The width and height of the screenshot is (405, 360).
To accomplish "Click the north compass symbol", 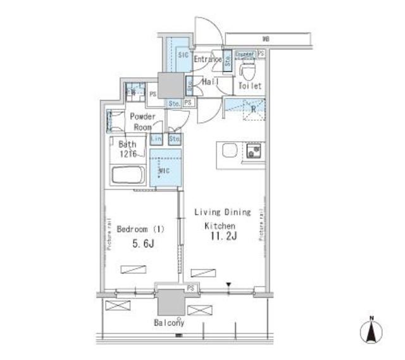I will pos(372,331).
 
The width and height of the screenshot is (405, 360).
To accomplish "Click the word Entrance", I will pos(207,59).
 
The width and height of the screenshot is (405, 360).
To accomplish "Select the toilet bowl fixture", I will pos(248,67).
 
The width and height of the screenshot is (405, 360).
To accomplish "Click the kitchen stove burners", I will pos(255,151).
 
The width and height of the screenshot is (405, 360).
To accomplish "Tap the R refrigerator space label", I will pos(253,108).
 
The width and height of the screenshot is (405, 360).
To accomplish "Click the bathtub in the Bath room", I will pos(128,175).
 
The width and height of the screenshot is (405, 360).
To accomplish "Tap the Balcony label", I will pos(168,323).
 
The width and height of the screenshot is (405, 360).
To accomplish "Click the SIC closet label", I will pos(183,56).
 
